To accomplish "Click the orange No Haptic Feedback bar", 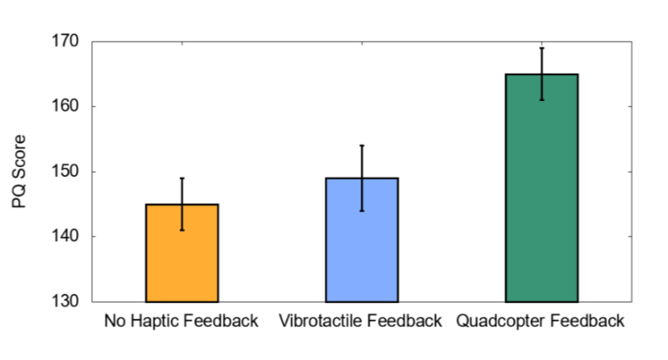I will (182, 253).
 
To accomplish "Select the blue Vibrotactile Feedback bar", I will (362, 240).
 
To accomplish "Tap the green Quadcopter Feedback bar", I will (541, 188).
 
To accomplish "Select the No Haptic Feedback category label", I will (181, 322).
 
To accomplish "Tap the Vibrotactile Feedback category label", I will (361, 322).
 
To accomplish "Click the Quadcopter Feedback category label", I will (540, 322).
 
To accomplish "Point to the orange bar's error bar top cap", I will (182, 178).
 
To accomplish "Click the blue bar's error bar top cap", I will (362, 145).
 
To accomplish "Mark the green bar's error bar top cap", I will (541, 48).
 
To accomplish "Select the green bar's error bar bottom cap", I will (541, 100).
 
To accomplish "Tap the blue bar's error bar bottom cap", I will (362, 210).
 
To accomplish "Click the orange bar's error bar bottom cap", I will (182, 230).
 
